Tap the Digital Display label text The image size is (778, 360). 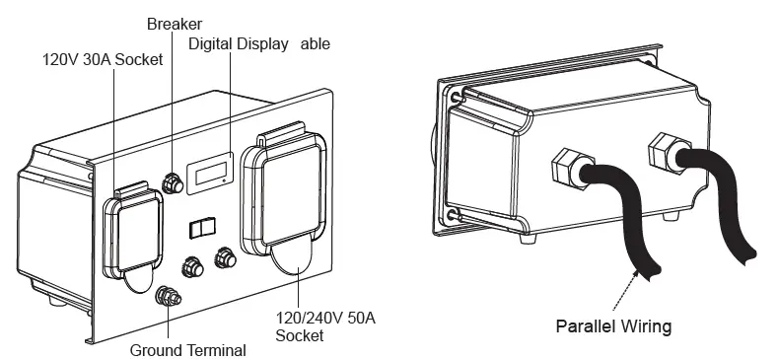(x=238, y=44)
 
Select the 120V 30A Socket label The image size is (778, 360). (x=103, y=59)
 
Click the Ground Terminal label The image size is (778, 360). (x=187, y=349)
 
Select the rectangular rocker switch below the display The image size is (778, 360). (x=200, y=228)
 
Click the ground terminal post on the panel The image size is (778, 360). (x=169, y=295)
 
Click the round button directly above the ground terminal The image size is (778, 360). (x=191, y=266)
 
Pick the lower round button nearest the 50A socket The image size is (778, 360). (x=224, y=256)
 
